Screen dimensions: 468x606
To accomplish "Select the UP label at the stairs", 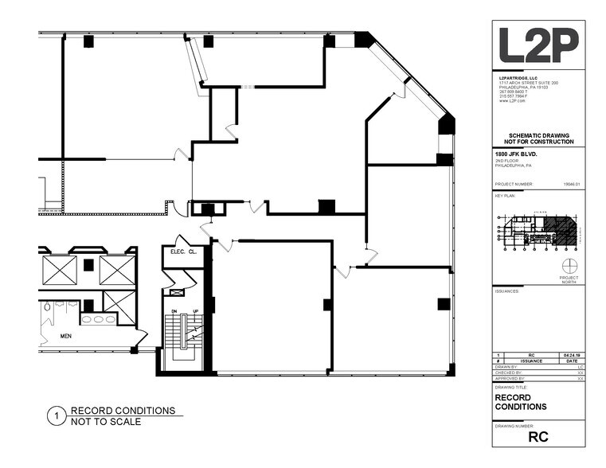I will [x=195, y=311].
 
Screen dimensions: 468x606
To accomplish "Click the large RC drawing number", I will [x=538, y=436].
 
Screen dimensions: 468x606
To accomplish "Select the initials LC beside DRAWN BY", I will [x=581, y=366].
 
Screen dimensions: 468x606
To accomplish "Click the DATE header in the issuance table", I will [x=571, y=361].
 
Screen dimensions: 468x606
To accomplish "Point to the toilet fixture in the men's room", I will [x=48, y=312].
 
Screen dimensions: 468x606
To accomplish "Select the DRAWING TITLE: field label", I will [x=510, y=387].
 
